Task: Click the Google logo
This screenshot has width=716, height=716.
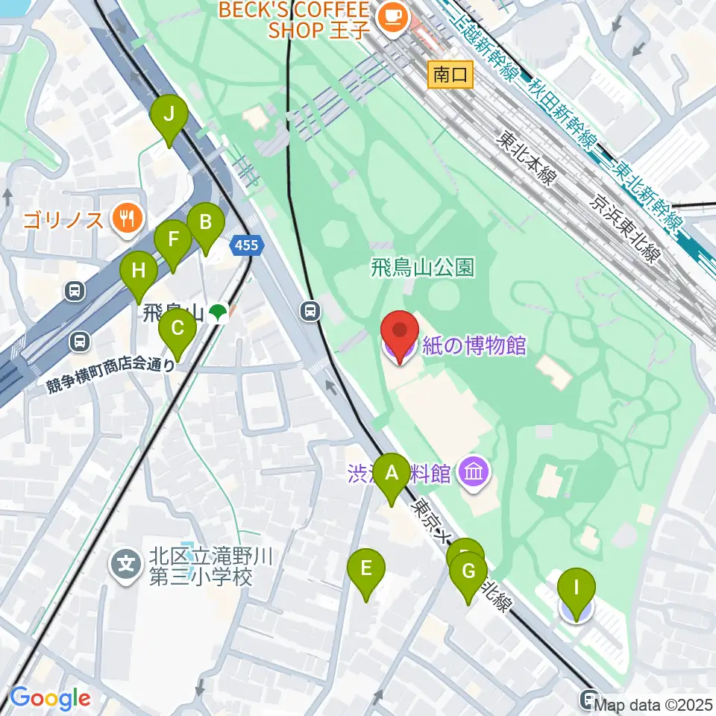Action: (x=50, y=698)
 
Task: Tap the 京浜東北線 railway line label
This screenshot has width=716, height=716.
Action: (x=624, y=229)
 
